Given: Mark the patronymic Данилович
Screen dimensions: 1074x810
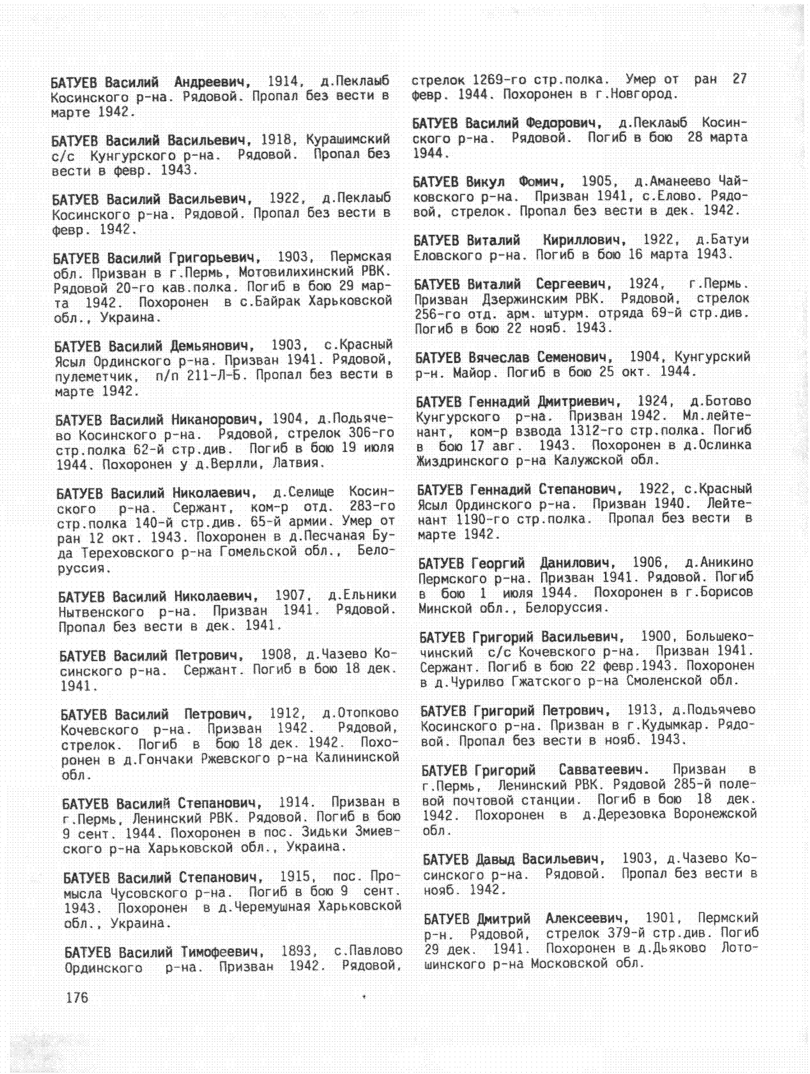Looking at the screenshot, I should pos(577,563).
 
